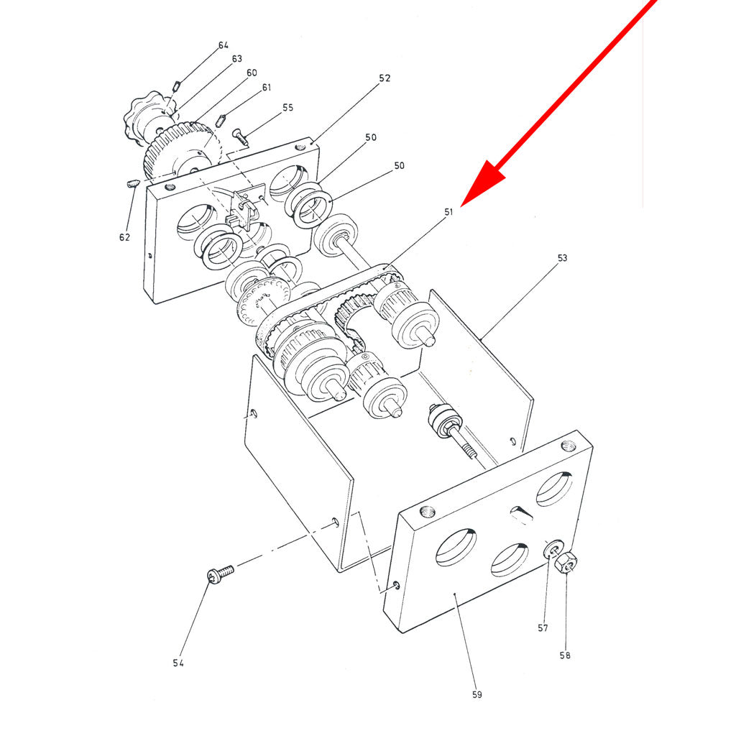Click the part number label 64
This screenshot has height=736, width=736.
tap(224, 45)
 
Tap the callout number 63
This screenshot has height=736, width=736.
tap(237, 59)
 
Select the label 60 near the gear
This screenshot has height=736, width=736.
tap(252, 73)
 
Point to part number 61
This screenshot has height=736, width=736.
tap(267, 87)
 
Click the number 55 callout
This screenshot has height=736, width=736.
tap(287, 108)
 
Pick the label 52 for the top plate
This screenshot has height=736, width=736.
tap(385, 78)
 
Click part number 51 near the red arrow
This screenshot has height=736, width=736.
tap(448, 212)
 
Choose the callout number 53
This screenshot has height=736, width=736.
tap(562, 258)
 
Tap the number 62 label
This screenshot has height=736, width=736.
tap(124, 237)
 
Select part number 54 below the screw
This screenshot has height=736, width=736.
tap(178, 663)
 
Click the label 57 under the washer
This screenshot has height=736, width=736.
tap(543, 628)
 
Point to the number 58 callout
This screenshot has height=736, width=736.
tap(565, 655)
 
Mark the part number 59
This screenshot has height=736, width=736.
tap(477, 695)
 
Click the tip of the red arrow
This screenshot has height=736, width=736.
tap(461, 206)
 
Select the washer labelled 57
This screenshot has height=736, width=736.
tap(554, 548)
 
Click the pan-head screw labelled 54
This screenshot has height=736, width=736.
tap(220, 574)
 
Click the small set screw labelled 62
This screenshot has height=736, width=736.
tap(134, 183)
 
